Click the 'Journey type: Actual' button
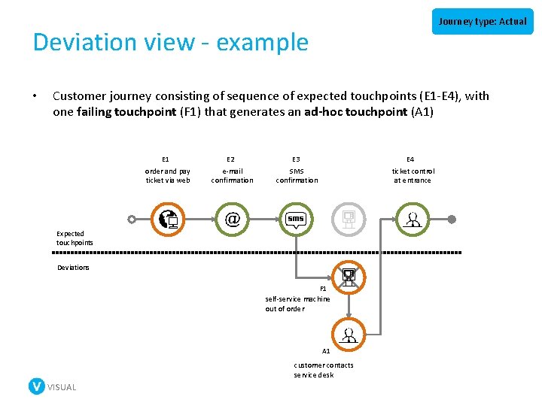point(483,21)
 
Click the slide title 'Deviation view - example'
point(171,43)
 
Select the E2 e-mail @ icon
point(232,219)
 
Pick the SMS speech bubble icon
point(297,219)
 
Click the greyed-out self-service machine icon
point(349,219)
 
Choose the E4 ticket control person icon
point(413,219)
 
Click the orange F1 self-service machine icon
point(349,276)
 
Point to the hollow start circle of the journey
point(132,220)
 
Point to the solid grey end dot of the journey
point(452,220)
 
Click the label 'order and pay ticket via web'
point(167,175)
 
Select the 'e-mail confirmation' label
point(232,175)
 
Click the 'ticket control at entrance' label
point(413,175)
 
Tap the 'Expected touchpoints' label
point(75,238)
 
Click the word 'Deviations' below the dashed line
point(73,268)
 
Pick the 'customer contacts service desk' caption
point(324,370)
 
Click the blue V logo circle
point(36,386)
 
